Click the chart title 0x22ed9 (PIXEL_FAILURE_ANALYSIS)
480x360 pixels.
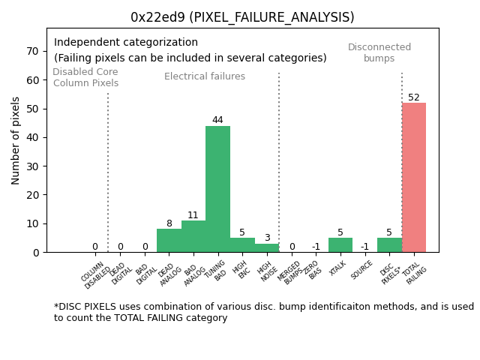242,17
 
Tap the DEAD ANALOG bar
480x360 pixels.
169,241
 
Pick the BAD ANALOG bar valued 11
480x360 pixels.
193,236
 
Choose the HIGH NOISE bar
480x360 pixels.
266,247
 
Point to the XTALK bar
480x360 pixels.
340,244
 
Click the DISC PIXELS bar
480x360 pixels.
389,244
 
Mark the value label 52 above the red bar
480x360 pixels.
414,97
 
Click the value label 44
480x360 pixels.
217,120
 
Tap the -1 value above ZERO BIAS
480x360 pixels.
316,247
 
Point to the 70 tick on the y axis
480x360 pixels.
32,51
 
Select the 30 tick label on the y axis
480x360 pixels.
32,166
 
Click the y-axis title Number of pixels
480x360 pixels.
16,140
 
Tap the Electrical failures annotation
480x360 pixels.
205,76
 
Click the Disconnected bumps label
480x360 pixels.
379,52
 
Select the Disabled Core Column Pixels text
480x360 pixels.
85,77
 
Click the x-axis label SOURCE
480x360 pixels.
362,269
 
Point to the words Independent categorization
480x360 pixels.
126,43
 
